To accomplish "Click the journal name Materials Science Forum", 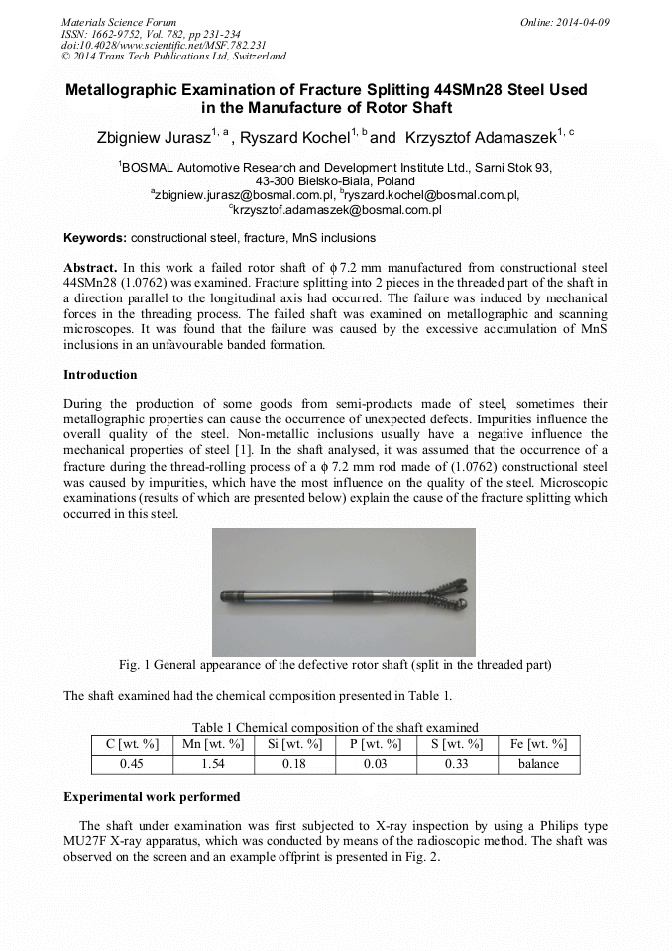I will pyautogui.click(x=119, y=21).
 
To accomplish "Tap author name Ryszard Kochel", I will pyautogui.click(x=296, y=137).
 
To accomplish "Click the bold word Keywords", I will pyautogui.click(x=94, y=239).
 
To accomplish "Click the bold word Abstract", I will pyautogui.click(x=90, y=268).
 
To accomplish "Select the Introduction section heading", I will pyautogui.click(x=100, y=375).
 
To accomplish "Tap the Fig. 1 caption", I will pyautogui.click(x=335, y=664).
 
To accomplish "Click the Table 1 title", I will pyautogui.click(x=335, y=728).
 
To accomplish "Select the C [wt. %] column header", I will pyautogui.click(x=131, y=745).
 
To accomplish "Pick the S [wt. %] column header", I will pyautogui.click(x=457, y=745).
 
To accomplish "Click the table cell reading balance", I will pyautogui.click(x=538, y=765).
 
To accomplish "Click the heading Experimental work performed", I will pyautogui.click(x=152, y=797).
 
